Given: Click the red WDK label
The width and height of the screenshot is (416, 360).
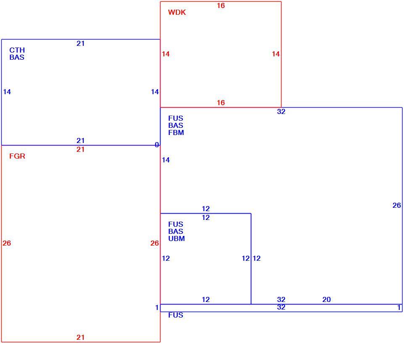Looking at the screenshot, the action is click(176, 12).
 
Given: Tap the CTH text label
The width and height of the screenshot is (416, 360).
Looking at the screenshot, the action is click(17, 50).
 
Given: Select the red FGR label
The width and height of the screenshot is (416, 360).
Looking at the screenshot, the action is click(17, 156).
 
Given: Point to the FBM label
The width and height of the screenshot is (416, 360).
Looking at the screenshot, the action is click(176, 132).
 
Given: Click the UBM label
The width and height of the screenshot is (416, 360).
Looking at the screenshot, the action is click(176, 238).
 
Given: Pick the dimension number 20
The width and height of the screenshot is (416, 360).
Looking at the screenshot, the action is click(326, 299).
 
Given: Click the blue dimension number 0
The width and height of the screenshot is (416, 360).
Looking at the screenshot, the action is click(157, 145).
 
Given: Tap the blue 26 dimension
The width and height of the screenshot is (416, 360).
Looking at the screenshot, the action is click(397, 205).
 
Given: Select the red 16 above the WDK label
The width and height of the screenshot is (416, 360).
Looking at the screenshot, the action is click(221, 5).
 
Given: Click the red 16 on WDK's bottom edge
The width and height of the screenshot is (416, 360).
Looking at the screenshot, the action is click(221, 103).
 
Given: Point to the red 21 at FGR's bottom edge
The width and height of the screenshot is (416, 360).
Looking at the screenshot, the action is click(80, 337).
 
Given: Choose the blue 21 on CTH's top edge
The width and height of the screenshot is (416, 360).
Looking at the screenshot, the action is click(80, 43).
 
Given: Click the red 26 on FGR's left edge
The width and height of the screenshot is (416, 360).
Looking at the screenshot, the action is click(7, 243).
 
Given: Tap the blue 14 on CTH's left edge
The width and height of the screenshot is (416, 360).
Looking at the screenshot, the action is click(7, 92).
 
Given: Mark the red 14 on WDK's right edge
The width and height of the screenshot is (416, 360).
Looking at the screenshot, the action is click(276, 54).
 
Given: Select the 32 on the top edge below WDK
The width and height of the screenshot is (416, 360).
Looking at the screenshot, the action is click(281, 111).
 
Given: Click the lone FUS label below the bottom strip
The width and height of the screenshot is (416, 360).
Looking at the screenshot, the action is click(176, 315).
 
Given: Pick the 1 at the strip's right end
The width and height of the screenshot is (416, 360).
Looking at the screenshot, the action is click(399, 307).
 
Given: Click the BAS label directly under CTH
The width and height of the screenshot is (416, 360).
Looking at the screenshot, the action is click(17, 57).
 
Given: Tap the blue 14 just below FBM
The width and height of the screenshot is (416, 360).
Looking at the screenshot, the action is click(166, 160).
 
